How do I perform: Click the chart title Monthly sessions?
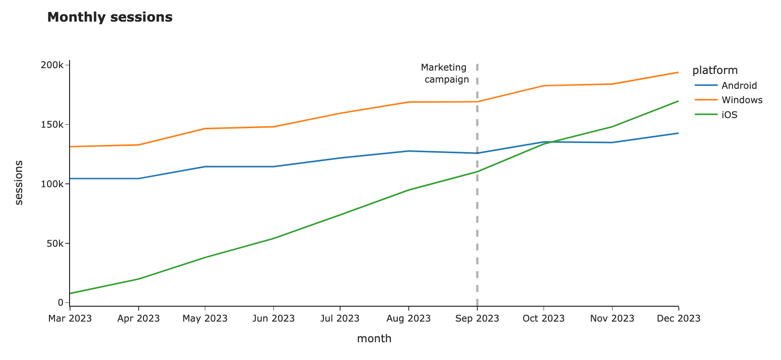110,17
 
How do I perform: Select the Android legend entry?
739,85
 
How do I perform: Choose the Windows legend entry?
742,100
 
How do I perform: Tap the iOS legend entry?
729,115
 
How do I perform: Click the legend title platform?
715,71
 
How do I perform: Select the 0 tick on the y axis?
60,302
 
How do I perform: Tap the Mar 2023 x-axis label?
70,318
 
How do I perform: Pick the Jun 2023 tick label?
273,318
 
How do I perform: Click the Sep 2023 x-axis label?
477,318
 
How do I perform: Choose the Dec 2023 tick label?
678,318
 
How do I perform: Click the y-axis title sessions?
19,183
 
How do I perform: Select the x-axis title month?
374,338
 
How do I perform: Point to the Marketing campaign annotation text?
445,73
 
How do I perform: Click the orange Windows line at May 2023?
205,129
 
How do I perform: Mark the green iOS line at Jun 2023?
273,239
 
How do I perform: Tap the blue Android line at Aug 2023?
408,151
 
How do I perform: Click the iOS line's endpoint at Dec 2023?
678,101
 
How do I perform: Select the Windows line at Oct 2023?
544,86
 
